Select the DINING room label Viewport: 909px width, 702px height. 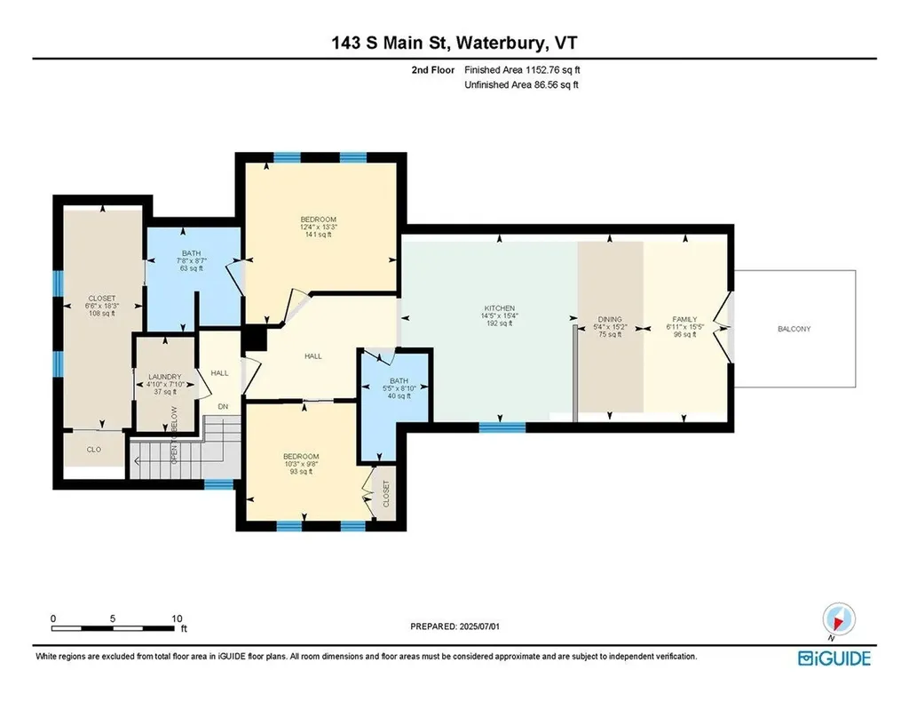tap(610, 319)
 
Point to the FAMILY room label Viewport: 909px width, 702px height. tap(684, 319)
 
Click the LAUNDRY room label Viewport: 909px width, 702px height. tap(166, 376)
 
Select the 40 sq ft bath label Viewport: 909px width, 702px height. tap(393, 381)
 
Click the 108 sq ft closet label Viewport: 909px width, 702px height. tap(101, 299)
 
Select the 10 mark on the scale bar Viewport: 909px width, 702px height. tap(177, 618)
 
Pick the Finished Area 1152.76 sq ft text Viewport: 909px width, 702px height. tap(522, 69)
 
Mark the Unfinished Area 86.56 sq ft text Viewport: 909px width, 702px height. tap(522, 85)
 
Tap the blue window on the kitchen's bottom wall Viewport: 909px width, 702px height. tap(502, 427)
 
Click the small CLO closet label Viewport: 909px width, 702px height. tap(93, 450)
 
